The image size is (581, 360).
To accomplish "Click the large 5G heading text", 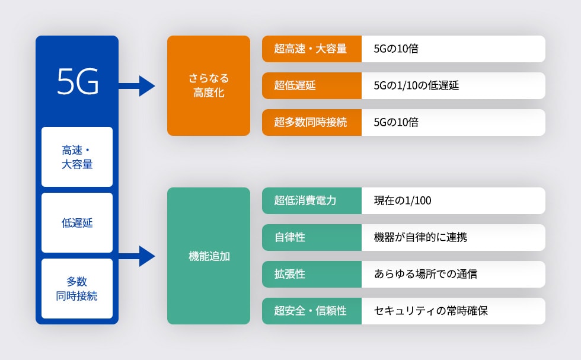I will click(78, 82).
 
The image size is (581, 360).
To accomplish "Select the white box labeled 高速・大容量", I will click(77, 157).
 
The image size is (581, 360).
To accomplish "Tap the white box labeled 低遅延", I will click(77, 223).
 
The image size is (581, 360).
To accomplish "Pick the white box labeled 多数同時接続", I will click(77, 288).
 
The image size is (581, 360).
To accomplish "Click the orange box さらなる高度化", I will click(209, 85).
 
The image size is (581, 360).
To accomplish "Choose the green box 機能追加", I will click(209, 256).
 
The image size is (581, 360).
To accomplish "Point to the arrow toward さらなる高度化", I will click(138, 85).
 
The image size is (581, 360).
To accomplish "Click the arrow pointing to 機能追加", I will click(138, 256).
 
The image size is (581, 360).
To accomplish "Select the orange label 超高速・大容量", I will click(311, 49).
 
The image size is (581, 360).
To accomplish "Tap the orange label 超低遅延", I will click(311, 85).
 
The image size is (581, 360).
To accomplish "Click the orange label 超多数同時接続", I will click(311, 122).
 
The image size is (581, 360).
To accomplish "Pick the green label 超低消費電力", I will click(311, 200).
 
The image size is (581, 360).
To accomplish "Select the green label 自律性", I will click(311, 237).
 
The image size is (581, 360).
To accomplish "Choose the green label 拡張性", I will click(311, 274).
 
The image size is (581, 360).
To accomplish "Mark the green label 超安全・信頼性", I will click(311, 311).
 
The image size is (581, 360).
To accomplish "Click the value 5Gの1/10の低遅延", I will click(416, 85).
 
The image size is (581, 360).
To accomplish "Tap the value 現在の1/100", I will click(403, 200).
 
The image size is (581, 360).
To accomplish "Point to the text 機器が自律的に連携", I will click(420, 237).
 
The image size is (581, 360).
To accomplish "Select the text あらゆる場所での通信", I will click(425, 274).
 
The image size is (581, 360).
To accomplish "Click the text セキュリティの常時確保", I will click(430, 311).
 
